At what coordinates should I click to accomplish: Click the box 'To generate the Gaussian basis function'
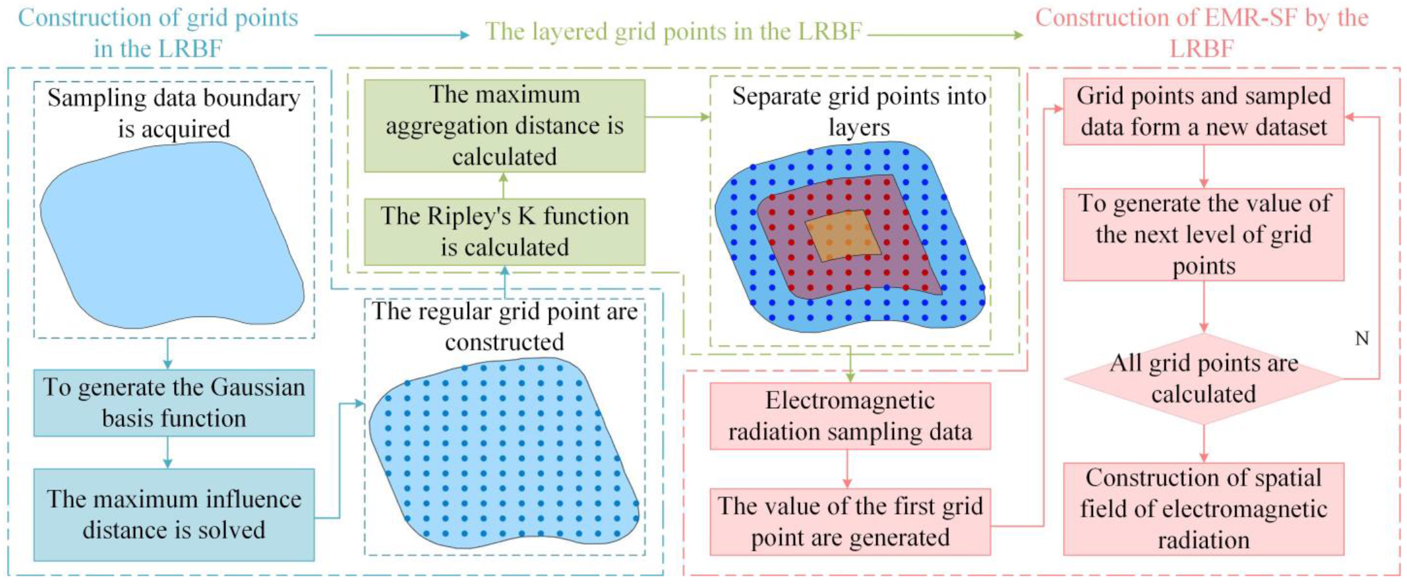coord(174,402)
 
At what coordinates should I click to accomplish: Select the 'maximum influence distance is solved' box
coord(174,514)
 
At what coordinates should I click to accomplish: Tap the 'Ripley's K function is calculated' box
coord(504,231)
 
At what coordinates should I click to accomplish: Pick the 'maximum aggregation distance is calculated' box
coord(504,125)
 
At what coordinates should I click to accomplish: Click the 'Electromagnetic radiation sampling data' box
coord(850,415)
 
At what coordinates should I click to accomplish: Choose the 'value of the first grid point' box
coord(850,521)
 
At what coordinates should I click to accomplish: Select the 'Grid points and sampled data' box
coord(1203,111)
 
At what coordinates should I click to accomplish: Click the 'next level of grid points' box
coord(1203,234)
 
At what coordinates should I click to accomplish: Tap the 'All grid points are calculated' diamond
coord(1203,379)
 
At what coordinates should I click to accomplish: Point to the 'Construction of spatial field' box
coord(1203,508)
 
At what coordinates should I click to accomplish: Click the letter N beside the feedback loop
coord(1362,339)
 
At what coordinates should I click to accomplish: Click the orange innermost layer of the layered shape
coord(843,235)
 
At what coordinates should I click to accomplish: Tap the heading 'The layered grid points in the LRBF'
coord(673,31)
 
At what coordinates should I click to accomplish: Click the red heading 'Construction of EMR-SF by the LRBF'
coord(1202,32)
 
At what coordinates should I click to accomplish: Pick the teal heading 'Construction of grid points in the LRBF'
coord(158,32)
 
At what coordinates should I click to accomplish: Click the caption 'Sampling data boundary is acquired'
coord(174,113)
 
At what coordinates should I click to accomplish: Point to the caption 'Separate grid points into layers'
coord(859,111)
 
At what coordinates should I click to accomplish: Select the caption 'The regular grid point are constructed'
coord(504,326)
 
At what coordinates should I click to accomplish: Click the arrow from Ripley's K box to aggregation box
coord(504,185)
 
